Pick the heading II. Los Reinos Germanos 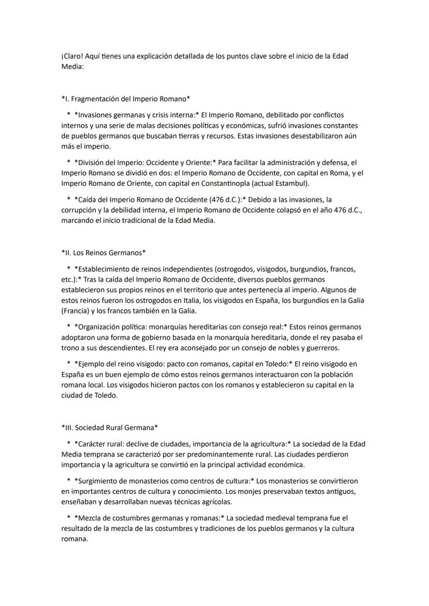click(103, 253)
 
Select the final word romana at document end click(75, 538)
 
